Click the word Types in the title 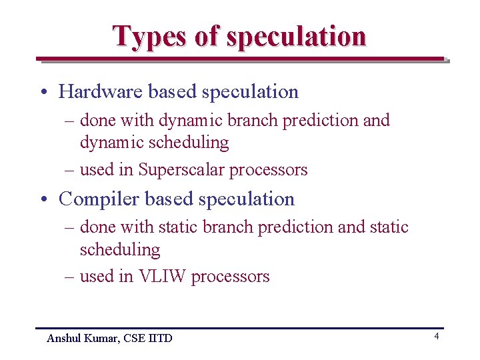[x=151, y=36]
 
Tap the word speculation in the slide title [x=296, y=37]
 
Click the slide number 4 [x=437, y=337]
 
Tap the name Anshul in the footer [x=63, y=339]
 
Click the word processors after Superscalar [x=268, y=170]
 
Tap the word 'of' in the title [x=207, y=36]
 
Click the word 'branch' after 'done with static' [x=225, y=227]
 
